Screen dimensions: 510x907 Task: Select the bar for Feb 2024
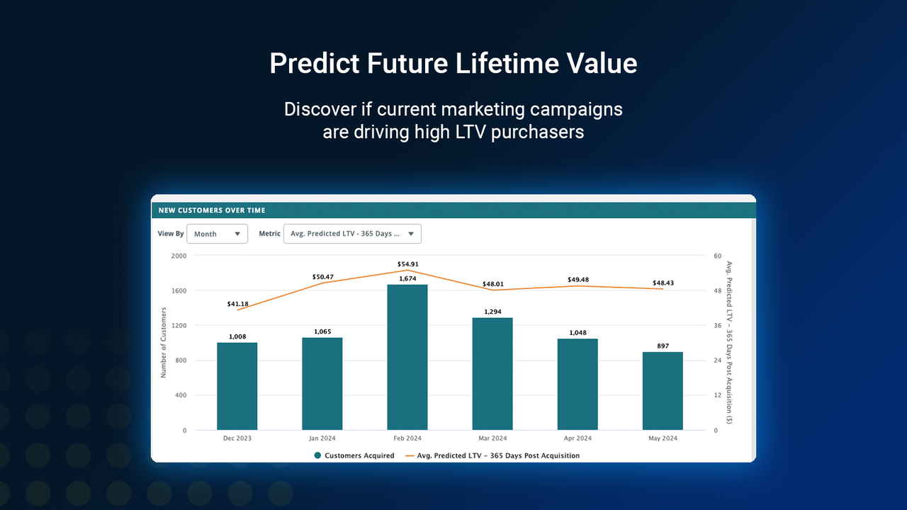coord(407,357)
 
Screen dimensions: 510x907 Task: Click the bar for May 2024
coord(663,391)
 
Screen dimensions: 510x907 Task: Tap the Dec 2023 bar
coord(237,386)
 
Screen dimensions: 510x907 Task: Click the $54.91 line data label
coord(407,264)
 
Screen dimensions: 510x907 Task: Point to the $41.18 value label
coord(238,304)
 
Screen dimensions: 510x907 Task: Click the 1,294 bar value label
coord(492,312)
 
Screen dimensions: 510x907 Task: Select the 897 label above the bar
coord(663,346)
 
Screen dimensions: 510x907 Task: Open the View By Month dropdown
coord(217,234)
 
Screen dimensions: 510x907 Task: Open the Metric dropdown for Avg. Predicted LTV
coord(352,234)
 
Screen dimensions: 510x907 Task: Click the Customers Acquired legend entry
coord(354,455)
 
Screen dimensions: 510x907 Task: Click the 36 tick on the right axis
coord(717,326)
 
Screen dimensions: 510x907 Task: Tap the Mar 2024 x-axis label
coord(492,438)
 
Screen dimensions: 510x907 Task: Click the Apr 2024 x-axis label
coord(578,438)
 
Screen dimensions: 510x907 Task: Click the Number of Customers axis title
coord(163,343)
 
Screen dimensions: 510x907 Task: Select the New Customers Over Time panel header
coord(453,210)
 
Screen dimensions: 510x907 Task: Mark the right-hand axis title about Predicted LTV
coord(728,343)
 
